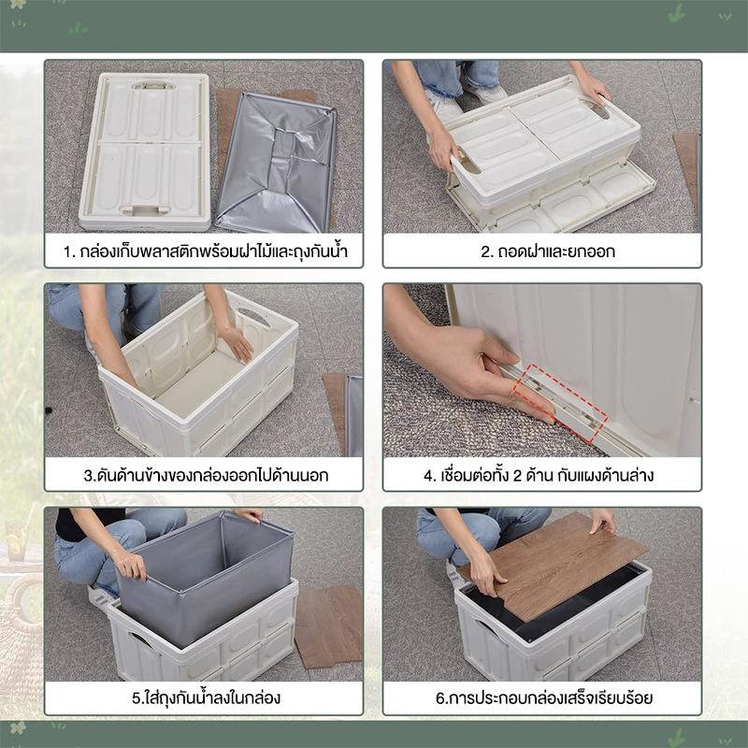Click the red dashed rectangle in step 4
click(x=560, y=404)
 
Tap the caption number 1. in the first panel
click(x=69, y=252)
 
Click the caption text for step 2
click(x=548, y=252)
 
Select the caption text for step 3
click(x=206, y=476)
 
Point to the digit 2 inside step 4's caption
click(x=517, y=476)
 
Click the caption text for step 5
click(x=206, y=698)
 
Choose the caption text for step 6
click(x=544, y=698)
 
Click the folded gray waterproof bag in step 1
click(x=276, y=162)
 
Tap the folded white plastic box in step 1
click(x=145, y=151)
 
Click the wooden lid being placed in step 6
click(x=553, y=567)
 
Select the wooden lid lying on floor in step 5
click(x=329, y=626)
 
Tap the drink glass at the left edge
click(x=16, y=540)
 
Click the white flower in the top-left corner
click(x=18, y=4)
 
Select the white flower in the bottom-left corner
click(x=18, y=727)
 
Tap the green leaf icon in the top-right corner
click(x=676, y=15)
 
